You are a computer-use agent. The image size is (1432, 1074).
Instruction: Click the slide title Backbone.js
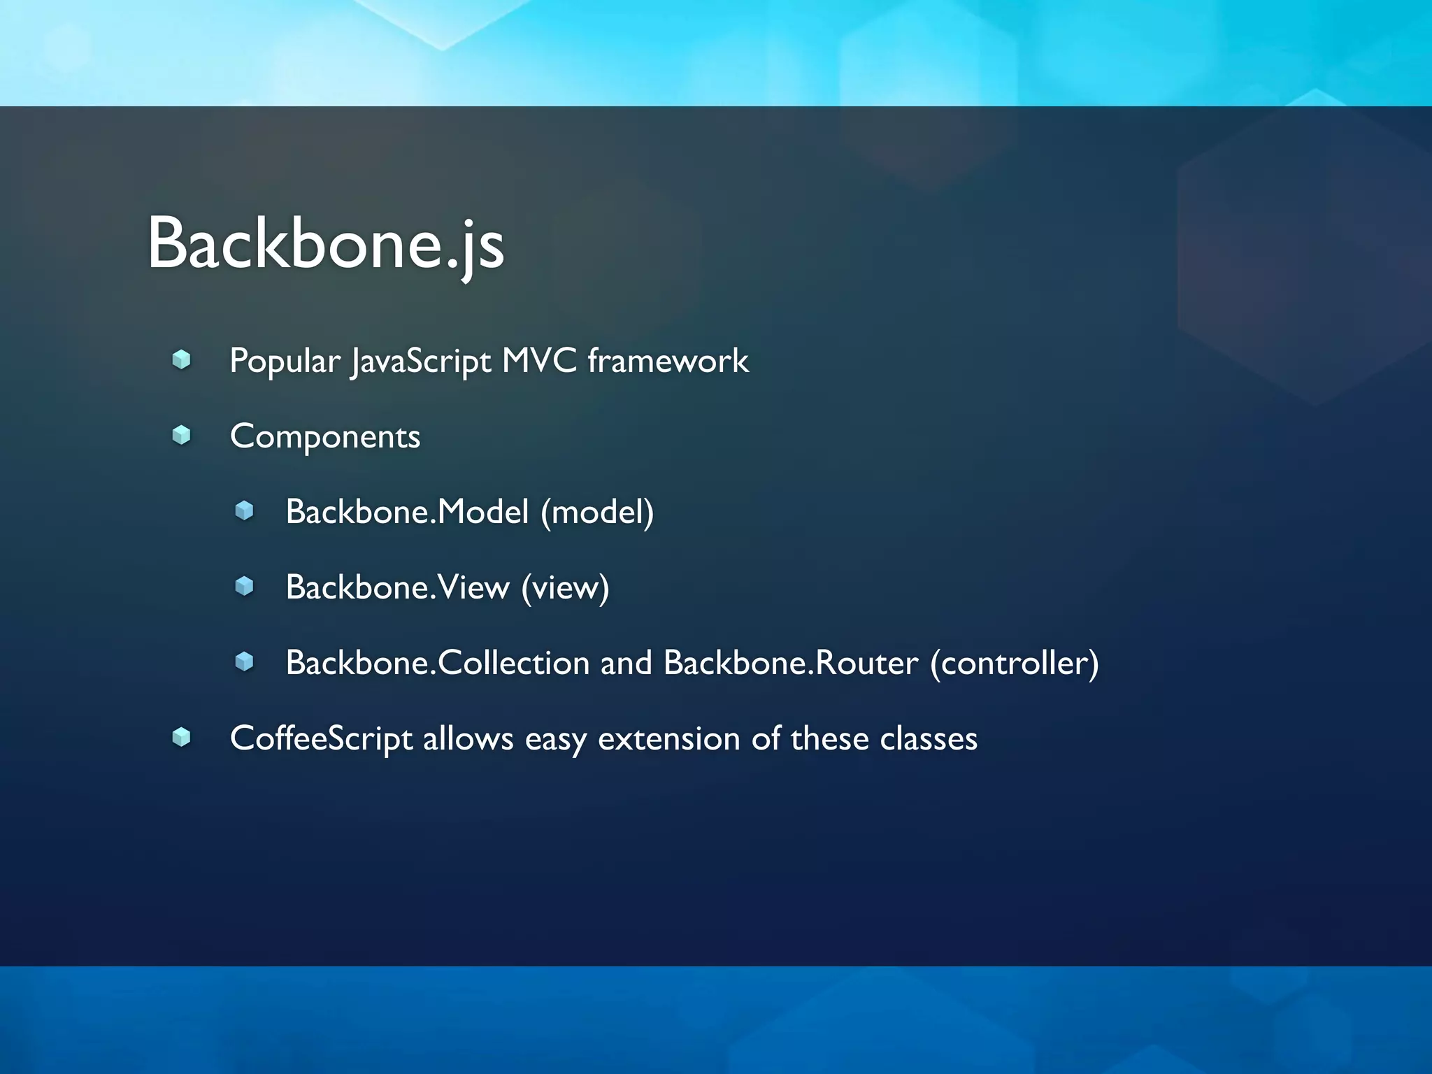pyautogui.click(x=325, y=243)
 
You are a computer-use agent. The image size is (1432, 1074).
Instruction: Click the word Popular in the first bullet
pyautogui.click(x=284, y=361)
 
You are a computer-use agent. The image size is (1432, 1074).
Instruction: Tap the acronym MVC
pyautogui.click(x=539, y=361)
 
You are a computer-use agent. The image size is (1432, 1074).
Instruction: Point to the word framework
pyautogui.click(x=668, y=361)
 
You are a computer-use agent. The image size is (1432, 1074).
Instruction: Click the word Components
pyautogui.click(x=325, y=437)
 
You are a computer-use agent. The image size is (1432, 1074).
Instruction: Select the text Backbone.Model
pyautogui.click(x=407, y=512)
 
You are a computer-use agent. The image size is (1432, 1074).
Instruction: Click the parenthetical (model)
pyautogui.click(x=597, y=512)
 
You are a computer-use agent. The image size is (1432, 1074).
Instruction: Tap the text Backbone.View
pyautogui.click(x=398, y=587)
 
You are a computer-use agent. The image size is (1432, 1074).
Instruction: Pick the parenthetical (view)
pyautogui.click(x=565, y=587)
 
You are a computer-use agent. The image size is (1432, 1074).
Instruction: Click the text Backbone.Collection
pyautogui.click(x=438, y=663)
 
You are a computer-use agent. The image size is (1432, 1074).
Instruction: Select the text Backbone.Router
pyautogui.click(x=790, y=663)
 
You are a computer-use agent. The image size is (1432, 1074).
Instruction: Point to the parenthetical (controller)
pyautogui.click(x=1014, y=663)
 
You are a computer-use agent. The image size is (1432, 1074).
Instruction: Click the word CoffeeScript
pyautogui.click(x=321, y=739)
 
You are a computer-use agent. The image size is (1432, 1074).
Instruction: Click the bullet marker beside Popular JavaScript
pyautogui.click(x=182, y=360)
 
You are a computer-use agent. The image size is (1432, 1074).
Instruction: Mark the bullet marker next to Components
pyautogui.click(x=182, y=436)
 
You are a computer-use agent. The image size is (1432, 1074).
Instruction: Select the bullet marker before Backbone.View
pyautogui.click(x=244, y=586)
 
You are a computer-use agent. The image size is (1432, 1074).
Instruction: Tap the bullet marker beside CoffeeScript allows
pyautogui.click(x=182, y=737)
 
